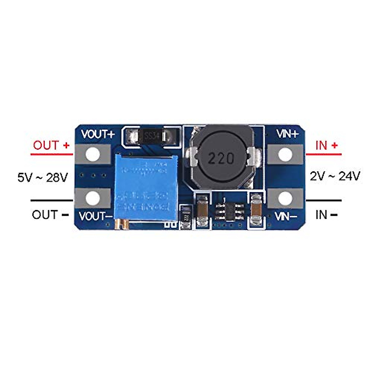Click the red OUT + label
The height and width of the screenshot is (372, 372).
tap(51, 145)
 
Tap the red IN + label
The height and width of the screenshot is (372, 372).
tap(326, 145)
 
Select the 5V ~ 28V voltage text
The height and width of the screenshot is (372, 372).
tap(42, 178)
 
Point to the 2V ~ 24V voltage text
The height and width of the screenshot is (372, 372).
tap(335, 176)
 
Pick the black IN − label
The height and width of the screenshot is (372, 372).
tap(326, 215)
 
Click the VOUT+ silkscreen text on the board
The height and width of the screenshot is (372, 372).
tap(98, 135)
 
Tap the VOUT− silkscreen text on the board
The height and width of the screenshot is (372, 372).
tap(96, 216)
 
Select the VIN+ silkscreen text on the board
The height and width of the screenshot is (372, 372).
tap(287, 134)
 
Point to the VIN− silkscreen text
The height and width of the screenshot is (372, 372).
tap(286, 216)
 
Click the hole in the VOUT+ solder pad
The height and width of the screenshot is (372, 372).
tap(93, 155)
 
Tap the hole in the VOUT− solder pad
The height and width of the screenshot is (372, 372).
tap(93, 198)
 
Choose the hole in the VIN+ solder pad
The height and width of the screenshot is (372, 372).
tap(285, 155)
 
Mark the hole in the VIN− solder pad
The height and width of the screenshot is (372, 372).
tap(285, 198)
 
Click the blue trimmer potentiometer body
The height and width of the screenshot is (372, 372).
tap(146, 189)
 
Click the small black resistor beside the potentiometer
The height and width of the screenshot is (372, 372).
tap(185, 217)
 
